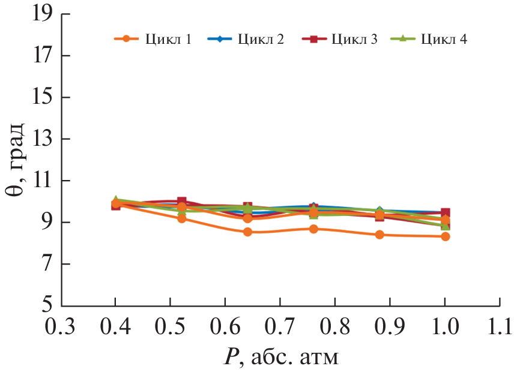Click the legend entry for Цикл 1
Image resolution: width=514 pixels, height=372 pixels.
153,40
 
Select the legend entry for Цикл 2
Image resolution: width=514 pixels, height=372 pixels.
246,40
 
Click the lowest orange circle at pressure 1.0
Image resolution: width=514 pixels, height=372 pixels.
445,236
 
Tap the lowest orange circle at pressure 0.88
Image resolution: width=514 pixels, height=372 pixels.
379,235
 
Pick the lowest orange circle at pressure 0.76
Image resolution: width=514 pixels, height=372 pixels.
313,229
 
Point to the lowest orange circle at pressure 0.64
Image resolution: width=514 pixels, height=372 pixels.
247,232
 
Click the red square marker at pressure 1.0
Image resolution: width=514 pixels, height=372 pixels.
445,213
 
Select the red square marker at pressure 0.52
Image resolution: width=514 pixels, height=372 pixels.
181,202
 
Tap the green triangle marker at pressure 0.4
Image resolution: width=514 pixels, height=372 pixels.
116,200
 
